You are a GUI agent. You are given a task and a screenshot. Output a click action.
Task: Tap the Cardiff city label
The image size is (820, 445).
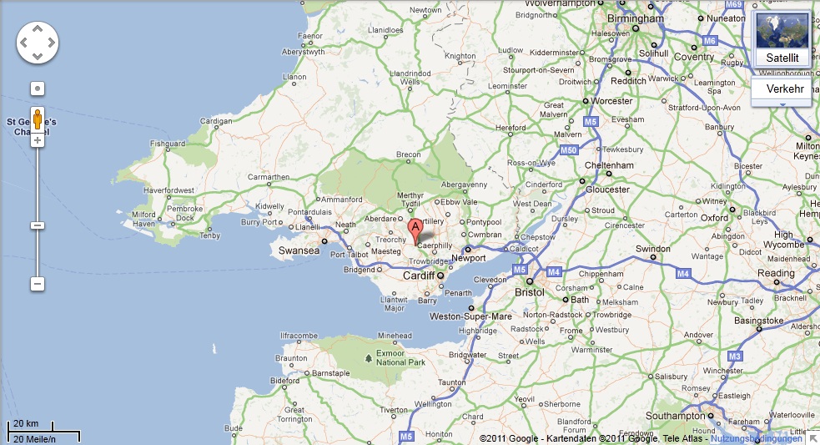419,276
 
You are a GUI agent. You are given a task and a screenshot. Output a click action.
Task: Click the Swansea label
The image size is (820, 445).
299,250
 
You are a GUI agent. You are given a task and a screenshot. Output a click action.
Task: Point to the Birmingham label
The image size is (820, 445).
635,18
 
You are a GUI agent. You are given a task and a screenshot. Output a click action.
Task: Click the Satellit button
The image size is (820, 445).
782,58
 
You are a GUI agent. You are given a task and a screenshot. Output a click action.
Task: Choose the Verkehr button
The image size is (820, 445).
784,88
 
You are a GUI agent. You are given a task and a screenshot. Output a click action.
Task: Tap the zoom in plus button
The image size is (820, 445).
38,140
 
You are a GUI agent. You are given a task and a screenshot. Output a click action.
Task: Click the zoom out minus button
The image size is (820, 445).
38,284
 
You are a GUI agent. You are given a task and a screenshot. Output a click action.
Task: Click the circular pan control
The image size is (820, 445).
38,42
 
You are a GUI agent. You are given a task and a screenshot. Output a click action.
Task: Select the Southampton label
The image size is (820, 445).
676,415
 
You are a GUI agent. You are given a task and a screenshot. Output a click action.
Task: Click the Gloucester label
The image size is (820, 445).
607,189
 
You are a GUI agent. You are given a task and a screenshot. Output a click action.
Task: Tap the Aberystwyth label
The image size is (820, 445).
304,52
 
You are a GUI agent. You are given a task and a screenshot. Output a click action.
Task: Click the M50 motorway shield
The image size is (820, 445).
569,150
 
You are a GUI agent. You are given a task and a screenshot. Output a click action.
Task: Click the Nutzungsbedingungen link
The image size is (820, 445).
756,438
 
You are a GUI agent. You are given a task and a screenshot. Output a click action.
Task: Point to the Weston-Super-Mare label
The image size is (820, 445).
470,316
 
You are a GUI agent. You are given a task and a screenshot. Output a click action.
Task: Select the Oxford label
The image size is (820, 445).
714,218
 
